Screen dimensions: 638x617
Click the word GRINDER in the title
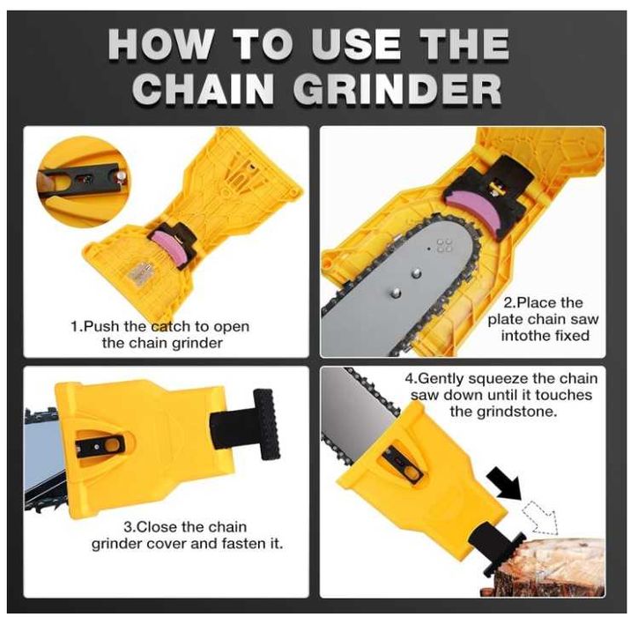click(x=397, y=89)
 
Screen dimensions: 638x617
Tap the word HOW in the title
click(x=159, y=44)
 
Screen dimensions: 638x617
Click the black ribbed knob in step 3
click(x=266, y=424)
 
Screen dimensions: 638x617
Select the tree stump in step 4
click(x=560, y=567)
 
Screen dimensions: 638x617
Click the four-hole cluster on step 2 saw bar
click(x=444, y=245)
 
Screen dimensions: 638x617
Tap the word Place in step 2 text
click(x=537, y=303)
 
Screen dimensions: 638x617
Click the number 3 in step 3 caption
click(x=127, y=527)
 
